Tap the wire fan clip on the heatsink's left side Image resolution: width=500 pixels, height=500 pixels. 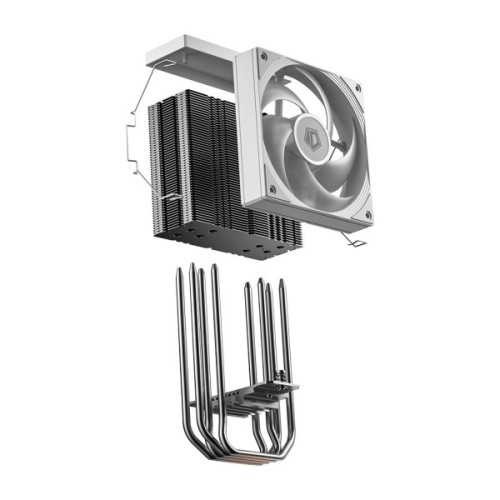(x=129, y=140)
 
